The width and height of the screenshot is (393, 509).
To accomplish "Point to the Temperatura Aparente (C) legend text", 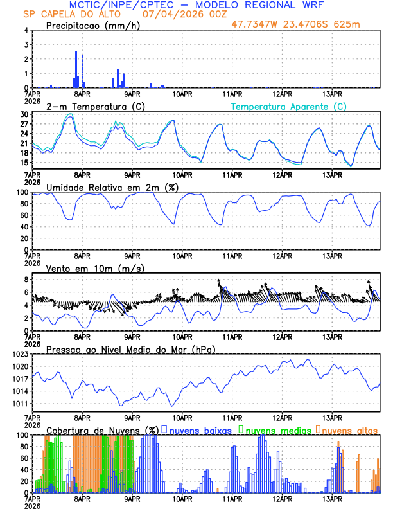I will click(289, 106).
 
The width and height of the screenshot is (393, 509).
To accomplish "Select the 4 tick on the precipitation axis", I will click(26, 30).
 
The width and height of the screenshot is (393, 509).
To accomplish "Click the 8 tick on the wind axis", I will click(26, 280).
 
